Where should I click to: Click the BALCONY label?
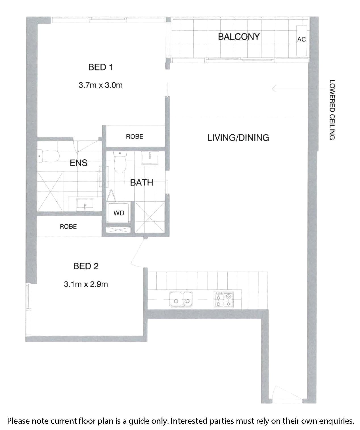(238, 37)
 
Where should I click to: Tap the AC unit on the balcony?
(301, 41)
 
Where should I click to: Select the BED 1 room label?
(101, 67)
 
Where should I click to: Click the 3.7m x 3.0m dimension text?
(101, 85)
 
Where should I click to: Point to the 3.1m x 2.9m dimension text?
(86, 284)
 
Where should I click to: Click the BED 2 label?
(86, 266)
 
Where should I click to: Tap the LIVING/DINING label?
(238, 138)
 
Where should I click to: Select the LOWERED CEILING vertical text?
(332, 110)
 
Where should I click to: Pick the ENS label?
(78, 163)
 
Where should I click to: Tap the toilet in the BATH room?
(120, 162)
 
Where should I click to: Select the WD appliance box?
(119, 213)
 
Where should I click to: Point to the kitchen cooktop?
(223, 299)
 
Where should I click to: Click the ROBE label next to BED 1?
(135, 137)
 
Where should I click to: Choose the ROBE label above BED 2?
(68, 227)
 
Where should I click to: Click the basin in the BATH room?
(150, 158)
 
